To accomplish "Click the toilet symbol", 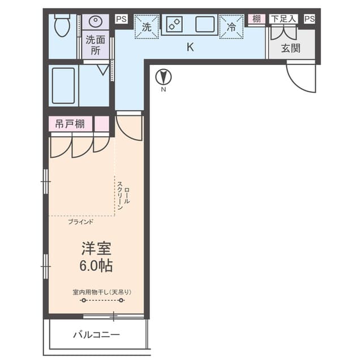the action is pyautogui.click(x=62, y=25).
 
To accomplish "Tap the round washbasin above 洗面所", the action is pyautogui.click(x=96, y=21).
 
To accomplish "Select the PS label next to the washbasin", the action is pyautogui.click(x=122, y=19).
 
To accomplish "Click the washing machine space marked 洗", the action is pyautogui.click(x=147, y=27).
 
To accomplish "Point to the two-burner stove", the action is pyautogui.click(x=174, y=24).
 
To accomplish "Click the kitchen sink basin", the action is pyautogui.click(x=205, y=24).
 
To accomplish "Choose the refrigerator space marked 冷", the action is pyautogui.click(x=231, y=27).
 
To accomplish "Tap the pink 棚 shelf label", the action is pyautogui.click(x=256, y=19).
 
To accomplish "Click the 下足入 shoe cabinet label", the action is pyautogui.click(x=283, y=19).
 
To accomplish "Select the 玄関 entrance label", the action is pyautogui.click(x=291, y=49).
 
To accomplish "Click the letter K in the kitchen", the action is pyautogui.click(x=190, y=47).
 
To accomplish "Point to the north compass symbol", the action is pyautogui.click(x=163, y=77).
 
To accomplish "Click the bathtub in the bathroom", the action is pyautogui.click(x=63, y=85).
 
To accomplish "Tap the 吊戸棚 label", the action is pyautogui.click(x=70, y=124).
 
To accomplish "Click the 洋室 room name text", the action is pyautogui.click(x=96, y=248).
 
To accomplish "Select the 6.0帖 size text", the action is pyautogui.click(x=96, y=266).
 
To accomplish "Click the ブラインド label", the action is pyautogui.click(x=81, y=222).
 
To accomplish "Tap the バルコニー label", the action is pyautogui.click(x=97, y=334).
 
